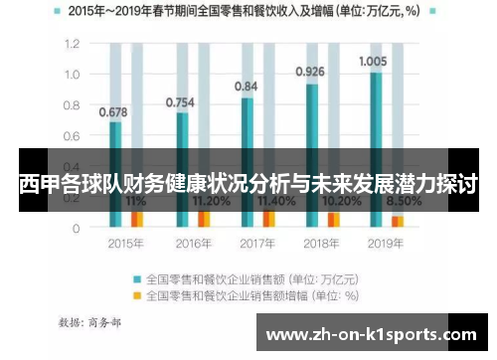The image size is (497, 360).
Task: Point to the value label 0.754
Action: click(181, 101)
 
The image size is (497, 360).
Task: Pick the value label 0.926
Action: click(310, 72)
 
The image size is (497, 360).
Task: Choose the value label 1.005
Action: click(372, 61)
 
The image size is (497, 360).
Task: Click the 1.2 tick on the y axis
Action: click(72, 45)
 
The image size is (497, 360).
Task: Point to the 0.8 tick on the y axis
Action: click(72, 105)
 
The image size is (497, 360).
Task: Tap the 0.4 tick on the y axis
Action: click(72, 167)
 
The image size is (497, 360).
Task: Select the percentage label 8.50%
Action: click(403, 200)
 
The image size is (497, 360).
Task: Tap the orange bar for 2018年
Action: click(334, 219)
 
